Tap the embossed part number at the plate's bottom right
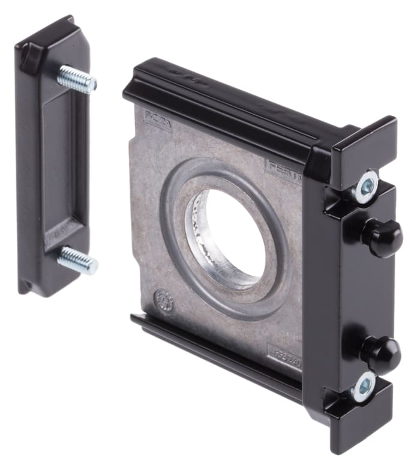(287, 352)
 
